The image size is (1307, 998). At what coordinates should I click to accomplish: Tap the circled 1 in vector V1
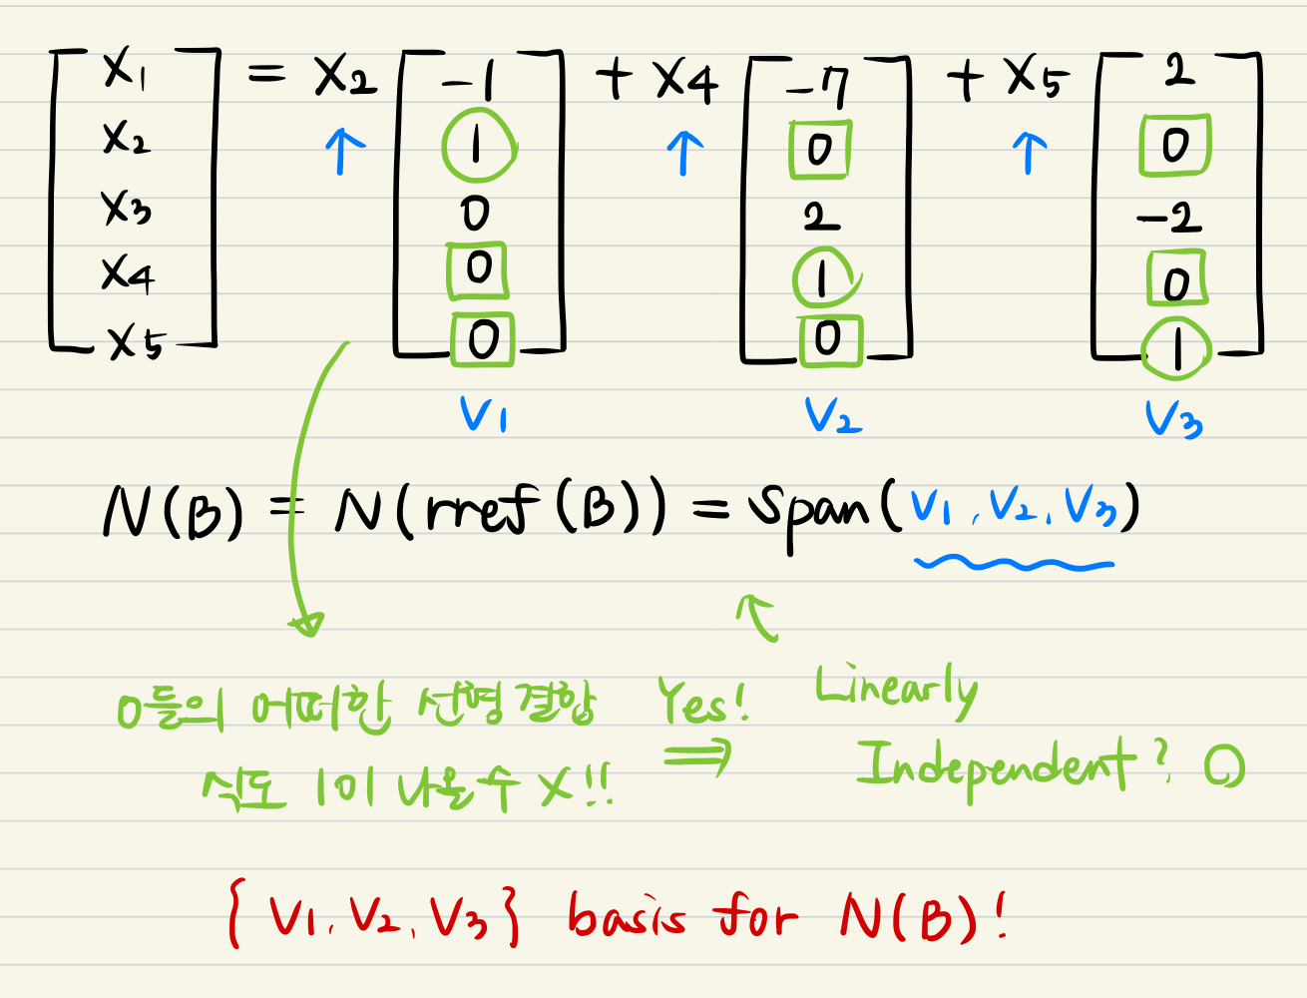(x=478, y=148)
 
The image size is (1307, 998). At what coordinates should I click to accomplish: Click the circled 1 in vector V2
(x=823, y=279)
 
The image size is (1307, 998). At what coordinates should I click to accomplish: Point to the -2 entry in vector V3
(x=1169, y=217)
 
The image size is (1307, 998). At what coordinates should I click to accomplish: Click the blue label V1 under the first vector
(x=483, y=414)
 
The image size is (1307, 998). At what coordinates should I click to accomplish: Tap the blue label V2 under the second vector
(x=832, y=416)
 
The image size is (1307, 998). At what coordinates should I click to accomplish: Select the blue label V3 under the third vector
(x=1173, y=419)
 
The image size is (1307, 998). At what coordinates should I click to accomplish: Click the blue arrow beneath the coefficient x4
(x=684, y=153)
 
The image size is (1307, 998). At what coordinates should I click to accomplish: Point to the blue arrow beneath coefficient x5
(x=1030, y=153)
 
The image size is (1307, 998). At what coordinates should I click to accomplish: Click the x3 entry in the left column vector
(x=126, y=208)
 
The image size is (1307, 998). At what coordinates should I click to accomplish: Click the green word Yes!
(x=702, y=702)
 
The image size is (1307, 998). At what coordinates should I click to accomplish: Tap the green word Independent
(x=994, y=766)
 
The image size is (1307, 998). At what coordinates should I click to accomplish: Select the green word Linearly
(x=895, y=689)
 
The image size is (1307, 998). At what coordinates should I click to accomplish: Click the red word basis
(x=627, y=916)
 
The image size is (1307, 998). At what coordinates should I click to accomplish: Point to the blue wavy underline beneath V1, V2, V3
(x=1013, y=565)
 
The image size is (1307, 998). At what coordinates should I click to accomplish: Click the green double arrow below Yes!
(x=697, y=757)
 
